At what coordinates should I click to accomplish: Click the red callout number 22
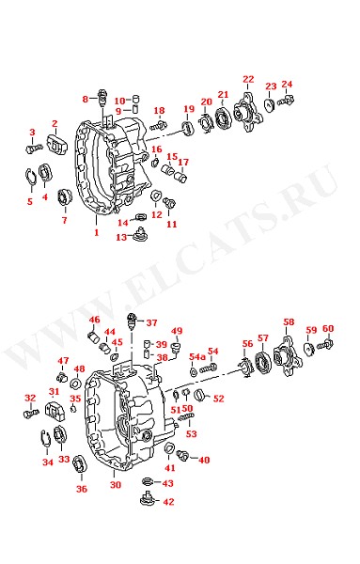pos(248,79)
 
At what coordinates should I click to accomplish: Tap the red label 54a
pos(197,357)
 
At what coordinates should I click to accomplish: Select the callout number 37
pos(151,322)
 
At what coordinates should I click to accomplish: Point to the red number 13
pos(121,237)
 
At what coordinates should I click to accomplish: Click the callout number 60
pos(328,328)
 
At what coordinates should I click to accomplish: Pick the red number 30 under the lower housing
pos(116,484)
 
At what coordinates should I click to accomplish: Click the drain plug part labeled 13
pos(140,233)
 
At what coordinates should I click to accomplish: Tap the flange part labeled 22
pos(247,112)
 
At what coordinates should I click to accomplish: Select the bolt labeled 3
pos(34,148)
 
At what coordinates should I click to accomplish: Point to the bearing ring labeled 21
pos(224,117)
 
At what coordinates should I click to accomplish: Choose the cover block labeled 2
pos(57,144)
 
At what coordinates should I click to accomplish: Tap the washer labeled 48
pos(75,384)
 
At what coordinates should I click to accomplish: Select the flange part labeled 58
pos(287,356)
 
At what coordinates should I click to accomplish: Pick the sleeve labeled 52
pos(199,395)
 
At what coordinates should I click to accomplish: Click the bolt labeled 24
pos(286,101)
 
